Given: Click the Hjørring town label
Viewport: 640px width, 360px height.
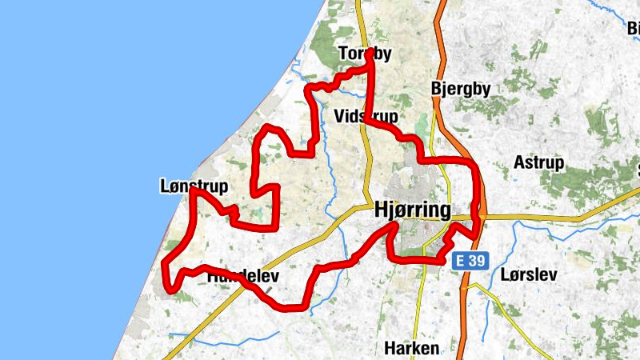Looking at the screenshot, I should pyautogui.click(x=413, y=210).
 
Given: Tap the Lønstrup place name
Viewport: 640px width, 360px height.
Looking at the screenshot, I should pyautogui.click(x=194, y=187).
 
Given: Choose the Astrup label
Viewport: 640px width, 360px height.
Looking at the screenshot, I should pyautogui.click(x=539, y=162).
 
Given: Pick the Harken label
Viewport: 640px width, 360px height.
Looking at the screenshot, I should pyautogui.click(x=411, y=348).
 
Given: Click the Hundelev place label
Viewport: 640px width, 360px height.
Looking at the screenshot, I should pyautogui.click(x=242, y=276).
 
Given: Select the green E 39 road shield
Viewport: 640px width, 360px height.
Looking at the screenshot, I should pyautogui.click(x=468, y=260).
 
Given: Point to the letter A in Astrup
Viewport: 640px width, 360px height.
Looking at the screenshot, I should pyautogui.click(x=519, y=162).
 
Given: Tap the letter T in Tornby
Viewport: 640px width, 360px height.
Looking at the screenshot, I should pyautogui.click(x=342, y=54).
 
